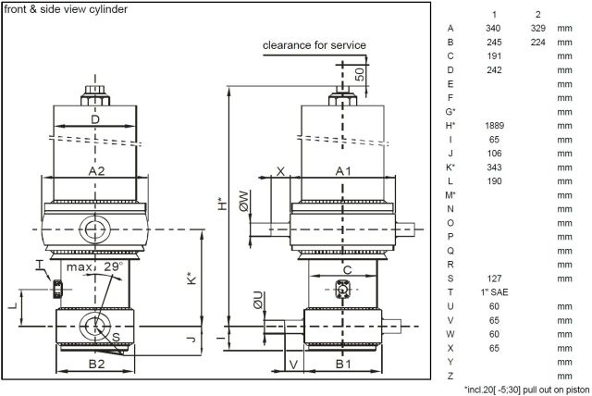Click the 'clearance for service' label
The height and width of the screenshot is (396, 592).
(314, 45)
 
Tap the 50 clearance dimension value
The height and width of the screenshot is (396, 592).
(360, 74)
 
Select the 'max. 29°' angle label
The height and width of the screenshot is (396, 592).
(94, 266)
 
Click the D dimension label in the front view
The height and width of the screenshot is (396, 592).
(95, 119)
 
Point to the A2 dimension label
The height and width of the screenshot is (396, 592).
(96, 171)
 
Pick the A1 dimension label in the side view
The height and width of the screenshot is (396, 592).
(343, 171)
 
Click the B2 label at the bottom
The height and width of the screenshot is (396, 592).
(96, 364)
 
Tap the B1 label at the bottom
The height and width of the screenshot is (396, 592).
(343, 364)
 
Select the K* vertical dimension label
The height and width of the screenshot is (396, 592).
(192, 278)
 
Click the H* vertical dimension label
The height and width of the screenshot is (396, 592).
(223, 204)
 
